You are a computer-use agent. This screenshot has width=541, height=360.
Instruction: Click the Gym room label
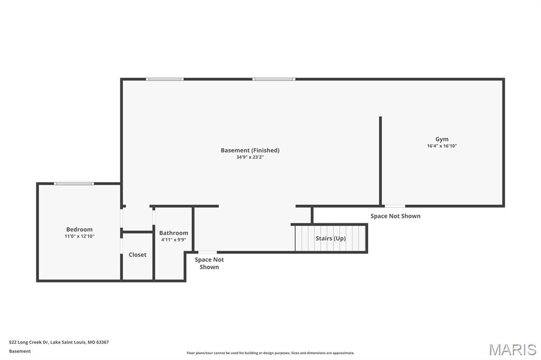(x=442, y=139)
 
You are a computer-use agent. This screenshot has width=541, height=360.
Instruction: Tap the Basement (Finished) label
(x=250, y=150)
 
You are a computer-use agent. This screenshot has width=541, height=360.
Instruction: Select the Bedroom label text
(x=79, y=230)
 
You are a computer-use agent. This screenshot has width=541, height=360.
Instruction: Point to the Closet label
(x=137, y=255)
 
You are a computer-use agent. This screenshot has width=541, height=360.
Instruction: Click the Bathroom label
(x=173, y=233)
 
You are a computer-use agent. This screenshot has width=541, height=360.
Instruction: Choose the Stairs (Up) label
(x=331, y=239)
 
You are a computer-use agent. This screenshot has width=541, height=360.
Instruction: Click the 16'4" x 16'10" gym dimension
(x=442, y=146)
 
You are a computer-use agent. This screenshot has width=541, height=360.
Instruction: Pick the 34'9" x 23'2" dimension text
(x=250, y=157)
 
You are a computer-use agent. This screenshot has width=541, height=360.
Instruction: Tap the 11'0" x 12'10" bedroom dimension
(x=79, y=236)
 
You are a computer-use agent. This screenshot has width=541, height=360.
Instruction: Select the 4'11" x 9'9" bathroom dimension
(x=173, y=240)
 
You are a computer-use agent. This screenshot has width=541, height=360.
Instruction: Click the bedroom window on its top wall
(x=74, y=184)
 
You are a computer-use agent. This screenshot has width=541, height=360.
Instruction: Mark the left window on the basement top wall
(x=165, y=79)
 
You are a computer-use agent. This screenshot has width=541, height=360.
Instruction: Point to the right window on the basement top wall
(x=273, y=79)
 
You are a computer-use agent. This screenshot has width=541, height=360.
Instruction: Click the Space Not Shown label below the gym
(x=395, y=216)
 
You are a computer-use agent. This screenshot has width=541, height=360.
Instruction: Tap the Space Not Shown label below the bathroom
(x=209, y=263)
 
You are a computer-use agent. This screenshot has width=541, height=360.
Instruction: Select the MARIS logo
(x=512, y=349)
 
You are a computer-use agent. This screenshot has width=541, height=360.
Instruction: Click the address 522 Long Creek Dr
(x=59, y=342)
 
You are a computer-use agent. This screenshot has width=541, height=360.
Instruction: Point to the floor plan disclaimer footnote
(x=270, y=353)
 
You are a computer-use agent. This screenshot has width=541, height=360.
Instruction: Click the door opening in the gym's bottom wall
(x=395, y=206)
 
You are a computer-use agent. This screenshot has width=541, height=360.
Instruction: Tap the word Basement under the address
(x=20, y=351)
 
